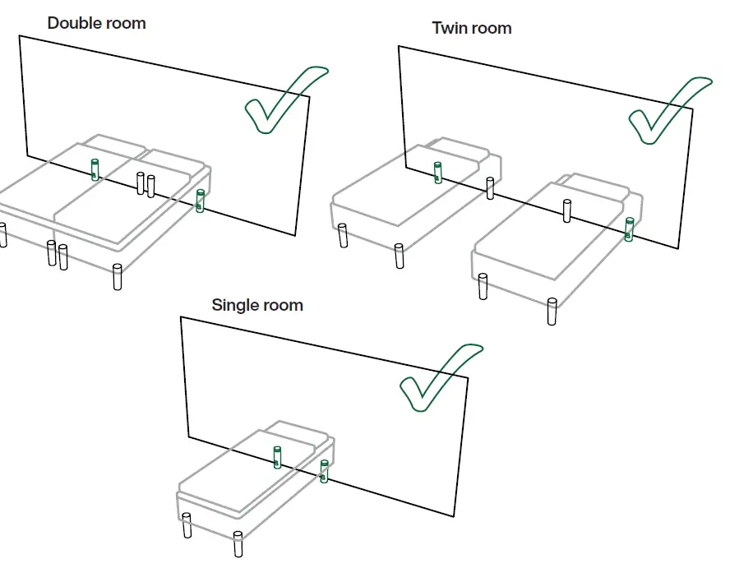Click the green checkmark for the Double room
(280, 103)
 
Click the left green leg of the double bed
(95, 169)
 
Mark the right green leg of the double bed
(200, 201)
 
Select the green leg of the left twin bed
(437, 173)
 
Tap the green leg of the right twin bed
(629, 229)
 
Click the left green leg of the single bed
(278, 457)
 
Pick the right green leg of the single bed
(324, 472)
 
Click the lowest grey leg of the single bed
(238, 544)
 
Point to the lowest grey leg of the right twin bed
(552, 312)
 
